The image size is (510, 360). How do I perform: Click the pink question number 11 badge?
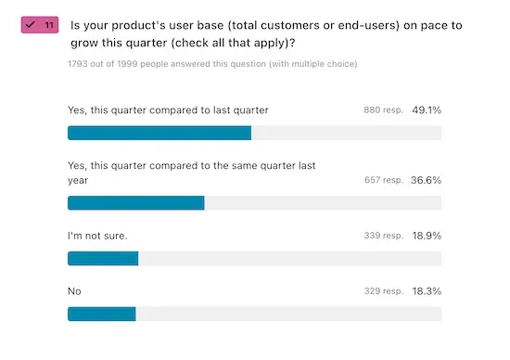[x=40, y=25]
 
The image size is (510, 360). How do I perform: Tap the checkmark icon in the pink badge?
[x=31, y=25]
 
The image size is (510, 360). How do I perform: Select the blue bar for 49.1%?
[x=159, y=133]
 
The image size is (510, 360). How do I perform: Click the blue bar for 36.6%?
[x=136, y=202]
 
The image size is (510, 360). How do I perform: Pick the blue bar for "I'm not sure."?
[x=103, y=258]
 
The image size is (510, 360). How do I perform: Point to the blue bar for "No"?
[x=102, y=314]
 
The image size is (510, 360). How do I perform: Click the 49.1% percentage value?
[x=427, y=109]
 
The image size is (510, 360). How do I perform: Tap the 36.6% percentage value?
[x=427, y=180]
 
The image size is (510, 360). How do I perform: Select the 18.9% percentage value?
[x=427, y=236]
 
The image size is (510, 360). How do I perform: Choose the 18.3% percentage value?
[x=427, y=291]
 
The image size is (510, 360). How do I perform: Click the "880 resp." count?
[x=384, y=110]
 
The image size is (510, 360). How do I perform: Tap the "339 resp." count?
[x=384, y=236]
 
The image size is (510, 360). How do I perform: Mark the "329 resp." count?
[x=384, y=291]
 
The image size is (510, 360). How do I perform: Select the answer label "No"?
[x=75, y=291]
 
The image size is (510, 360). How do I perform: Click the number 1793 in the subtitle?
[x=79, y=64]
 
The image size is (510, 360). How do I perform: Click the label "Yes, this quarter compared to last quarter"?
[x=168, y=109]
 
